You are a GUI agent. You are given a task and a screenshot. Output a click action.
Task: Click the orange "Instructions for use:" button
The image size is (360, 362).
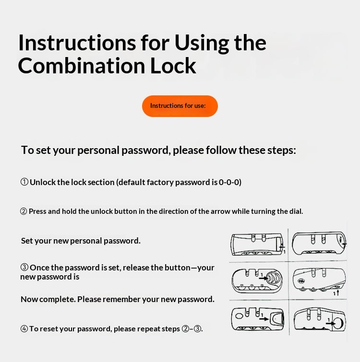pyautogui.click(x=180, y=106)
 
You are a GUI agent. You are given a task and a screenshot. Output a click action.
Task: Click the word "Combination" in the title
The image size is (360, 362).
pyautogui.click(x=81, y=66)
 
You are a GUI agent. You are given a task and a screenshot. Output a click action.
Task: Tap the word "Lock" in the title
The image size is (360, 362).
pyautogui.click(x=173, y=66)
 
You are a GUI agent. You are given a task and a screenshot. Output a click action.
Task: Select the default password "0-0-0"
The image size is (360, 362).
pyautogui.click(x=229, y=182)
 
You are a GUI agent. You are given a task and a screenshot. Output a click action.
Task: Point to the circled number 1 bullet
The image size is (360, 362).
pyautogui.click(x=24, y=182)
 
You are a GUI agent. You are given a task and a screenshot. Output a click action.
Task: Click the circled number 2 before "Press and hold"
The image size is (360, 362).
pyautogui.click(x=24, y=211)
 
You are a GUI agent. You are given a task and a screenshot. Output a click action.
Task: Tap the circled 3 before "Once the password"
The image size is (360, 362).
pyautogui.click(x=24, y=268)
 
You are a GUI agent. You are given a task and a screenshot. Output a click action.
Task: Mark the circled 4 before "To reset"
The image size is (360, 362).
pyautogui.click(x=24, y=328)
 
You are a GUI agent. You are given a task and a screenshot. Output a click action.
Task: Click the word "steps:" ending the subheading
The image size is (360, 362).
pyautogui.click(x=281, y=150)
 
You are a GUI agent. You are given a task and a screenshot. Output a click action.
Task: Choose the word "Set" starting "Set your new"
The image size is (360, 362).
pyautogui.click(x=26, y=241)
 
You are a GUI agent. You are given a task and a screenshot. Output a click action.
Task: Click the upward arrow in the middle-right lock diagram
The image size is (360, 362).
pyautogui.click(x=337, y=293)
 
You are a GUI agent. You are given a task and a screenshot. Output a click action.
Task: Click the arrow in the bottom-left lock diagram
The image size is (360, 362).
pyautogui.click(x=264, y=319)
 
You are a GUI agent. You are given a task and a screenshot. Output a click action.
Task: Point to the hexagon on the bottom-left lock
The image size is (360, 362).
pyautogui.click(x=239, y=315)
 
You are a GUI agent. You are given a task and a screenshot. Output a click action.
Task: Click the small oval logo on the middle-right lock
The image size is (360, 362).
pyautogui.click(x=301, y=281)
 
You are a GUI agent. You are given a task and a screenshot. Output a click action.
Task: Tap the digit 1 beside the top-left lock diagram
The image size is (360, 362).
pyautogui.click(x=285, y=252)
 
